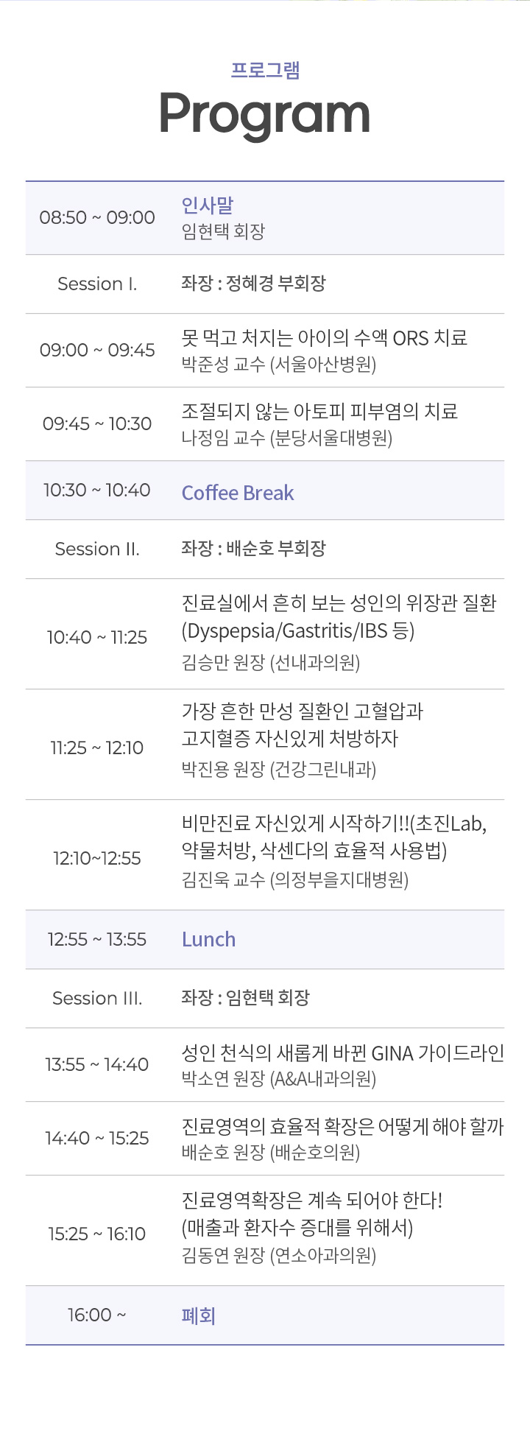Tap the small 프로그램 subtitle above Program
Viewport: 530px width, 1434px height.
pyautogui.click(x=265, y=70)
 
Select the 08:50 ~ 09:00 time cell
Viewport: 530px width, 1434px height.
pyautogui.click(x=97, y=217)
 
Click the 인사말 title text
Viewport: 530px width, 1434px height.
pyautogui.click(x=208, y=205)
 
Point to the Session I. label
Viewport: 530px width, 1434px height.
pyautogui.click(x=97, y=284)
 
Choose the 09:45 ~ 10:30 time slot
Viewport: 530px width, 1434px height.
pyautogui.click(x=97, y=423)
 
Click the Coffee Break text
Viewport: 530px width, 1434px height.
pyautogui.click(x=238, y=493)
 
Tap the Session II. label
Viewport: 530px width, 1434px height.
pyautogui.click(x=97, y=549)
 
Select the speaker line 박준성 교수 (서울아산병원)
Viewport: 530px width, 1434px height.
pyautogui.click(x=279, y=365)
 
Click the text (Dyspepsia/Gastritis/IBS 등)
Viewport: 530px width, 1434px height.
pyautogui.click(x=298, y=631)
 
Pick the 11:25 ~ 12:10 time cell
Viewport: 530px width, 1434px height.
pyautogui.click(x=97, y=748)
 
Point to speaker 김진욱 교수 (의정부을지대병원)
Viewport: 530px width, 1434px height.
pyautogui.click(x=295, y=880)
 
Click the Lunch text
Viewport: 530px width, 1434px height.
pyautogui.click(x=209, y=939)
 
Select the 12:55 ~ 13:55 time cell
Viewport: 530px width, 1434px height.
pyautogui.click(x=97, y=939)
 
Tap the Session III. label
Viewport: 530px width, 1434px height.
pyautogui.click(x=97, y=998)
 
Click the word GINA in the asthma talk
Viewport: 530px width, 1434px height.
pyautogui.click(x=392, y=1054)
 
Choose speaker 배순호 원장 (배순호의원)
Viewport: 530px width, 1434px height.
pyautogui.click(x=271, y=1153)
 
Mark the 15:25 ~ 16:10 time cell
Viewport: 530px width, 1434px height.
pyautogui.click(x=97, y=1234)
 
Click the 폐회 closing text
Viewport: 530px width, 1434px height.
pyautogui.click(x=199, y=1315)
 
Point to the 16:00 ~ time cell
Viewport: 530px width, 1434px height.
pyautogui.click(x=97, y=1315)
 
